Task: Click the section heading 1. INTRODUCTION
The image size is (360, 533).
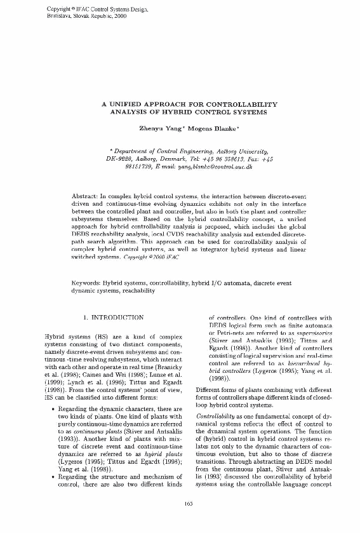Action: tap(114, 316)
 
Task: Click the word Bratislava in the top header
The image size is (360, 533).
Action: tap(61, 15)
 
